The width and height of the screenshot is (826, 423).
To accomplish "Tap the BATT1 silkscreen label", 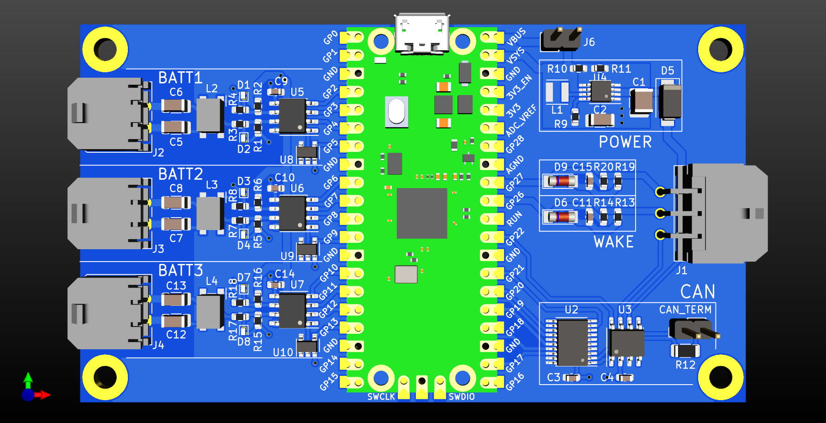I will coord(180,78).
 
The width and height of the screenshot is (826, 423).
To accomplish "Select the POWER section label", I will coord(625,142).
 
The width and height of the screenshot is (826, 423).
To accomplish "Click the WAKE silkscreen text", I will coord(613,242).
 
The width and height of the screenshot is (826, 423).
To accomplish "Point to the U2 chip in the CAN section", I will coord(572,342).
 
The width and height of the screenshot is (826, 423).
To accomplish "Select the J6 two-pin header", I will coord(561,40).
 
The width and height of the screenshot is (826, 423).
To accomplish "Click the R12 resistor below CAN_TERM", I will coord(685,351).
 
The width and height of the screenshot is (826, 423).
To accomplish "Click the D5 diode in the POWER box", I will coord(669,102).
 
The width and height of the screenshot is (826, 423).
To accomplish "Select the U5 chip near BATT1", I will coord(292,116).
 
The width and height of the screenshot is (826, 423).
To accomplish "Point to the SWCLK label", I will coord(381,397).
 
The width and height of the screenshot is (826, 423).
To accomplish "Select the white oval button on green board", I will coord(396,112).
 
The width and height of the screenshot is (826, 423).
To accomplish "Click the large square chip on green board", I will coord(421,213).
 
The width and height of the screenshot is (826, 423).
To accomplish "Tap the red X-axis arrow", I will coord(44,395).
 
